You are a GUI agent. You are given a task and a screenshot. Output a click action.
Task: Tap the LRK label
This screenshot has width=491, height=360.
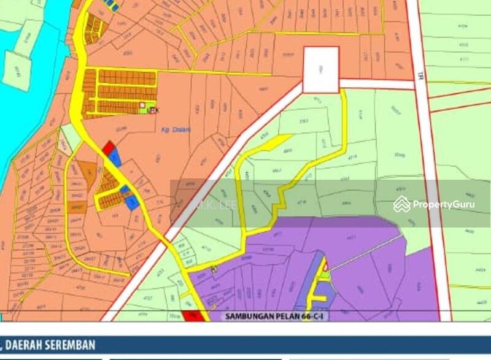[153, 109]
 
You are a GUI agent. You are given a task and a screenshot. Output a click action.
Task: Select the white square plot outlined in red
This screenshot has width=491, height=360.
[321, 70]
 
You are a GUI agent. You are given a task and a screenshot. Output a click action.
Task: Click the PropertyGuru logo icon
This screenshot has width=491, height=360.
[402, 204]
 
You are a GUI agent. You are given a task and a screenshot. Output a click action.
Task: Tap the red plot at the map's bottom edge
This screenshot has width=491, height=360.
[191, 316]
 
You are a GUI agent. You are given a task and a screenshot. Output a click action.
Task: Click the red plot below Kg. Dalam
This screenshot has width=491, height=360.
[108, 148]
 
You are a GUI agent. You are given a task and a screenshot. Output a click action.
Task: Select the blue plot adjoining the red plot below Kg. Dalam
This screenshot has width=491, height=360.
[115, 158]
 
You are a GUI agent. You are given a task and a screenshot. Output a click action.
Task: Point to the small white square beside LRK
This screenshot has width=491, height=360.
[144, 109]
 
